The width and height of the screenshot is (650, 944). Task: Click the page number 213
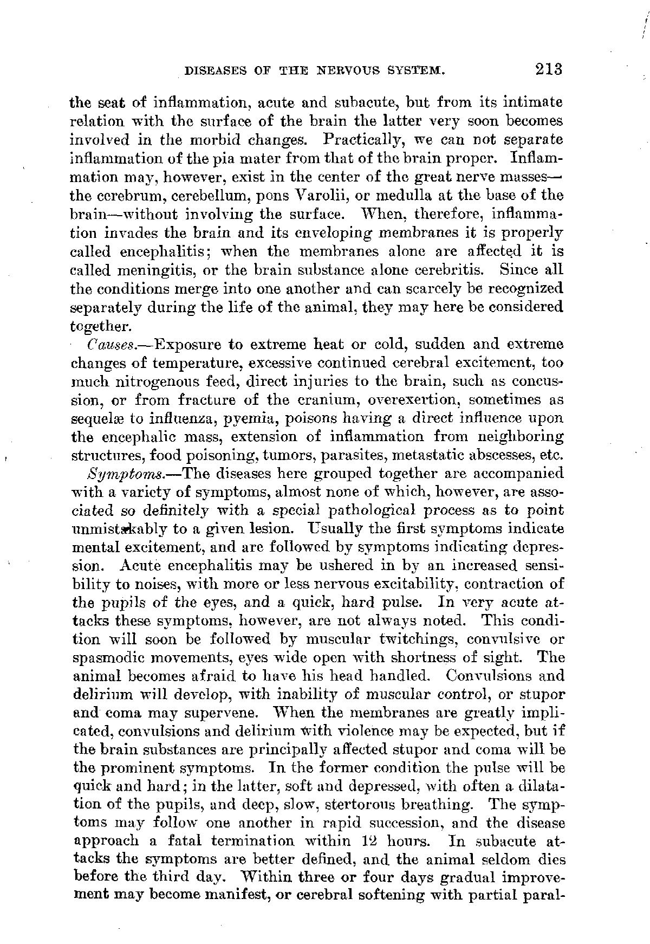click(548, 69)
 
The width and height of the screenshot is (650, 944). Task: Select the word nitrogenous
click(159, 382)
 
